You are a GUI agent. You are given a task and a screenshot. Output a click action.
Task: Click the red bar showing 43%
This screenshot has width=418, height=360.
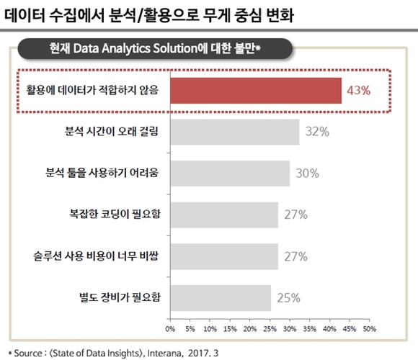(256, 91)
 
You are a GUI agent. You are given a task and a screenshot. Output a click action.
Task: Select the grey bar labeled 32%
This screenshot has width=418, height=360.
(234, 132)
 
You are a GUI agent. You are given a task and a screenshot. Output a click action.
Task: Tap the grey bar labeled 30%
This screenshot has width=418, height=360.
(230, 173)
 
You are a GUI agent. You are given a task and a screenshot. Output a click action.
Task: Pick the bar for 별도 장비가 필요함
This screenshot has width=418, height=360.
(221, 297)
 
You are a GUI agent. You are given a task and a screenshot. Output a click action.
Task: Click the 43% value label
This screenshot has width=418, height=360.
(358, 91)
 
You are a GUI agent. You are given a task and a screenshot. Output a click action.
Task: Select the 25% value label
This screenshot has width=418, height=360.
(288, 297)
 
